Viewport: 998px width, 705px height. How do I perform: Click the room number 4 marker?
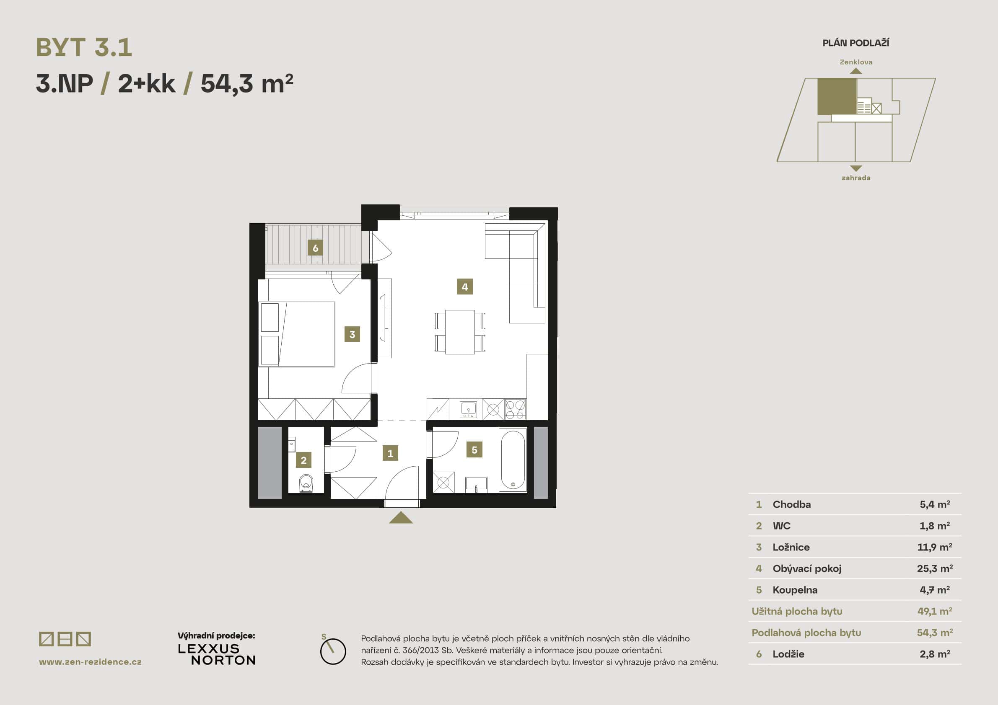pos(465,287)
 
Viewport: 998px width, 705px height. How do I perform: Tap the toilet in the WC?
pos(306,483)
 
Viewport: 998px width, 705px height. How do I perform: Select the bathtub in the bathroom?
pos(513,460)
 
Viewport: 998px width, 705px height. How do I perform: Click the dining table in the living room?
pos(460,332)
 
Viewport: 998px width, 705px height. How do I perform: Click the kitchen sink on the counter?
pos(469,410)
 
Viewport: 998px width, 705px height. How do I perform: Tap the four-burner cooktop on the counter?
pos(516,410)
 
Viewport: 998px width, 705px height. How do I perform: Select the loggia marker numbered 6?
pos(315,248)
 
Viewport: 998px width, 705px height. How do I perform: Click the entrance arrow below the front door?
pos(401,518)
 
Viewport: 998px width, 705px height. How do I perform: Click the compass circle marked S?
pos(333,651)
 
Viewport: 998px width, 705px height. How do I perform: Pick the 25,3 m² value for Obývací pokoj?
pos(935,568)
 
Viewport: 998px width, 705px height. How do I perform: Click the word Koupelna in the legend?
pos(795,590)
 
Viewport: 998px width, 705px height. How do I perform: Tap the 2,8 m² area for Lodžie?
pos(935,654)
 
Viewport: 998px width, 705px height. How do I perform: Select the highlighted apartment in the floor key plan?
pos(837,96)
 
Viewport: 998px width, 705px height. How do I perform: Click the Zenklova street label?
pos(856,62)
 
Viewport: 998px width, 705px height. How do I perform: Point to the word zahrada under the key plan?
pos(856,178)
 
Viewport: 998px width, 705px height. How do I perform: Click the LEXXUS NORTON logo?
pos(216,655)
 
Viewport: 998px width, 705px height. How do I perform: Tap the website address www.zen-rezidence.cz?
pos(91,662)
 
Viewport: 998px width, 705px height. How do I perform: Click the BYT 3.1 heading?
pos(84,47)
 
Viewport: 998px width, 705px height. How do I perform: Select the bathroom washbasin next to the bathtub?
pos(476,484)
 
